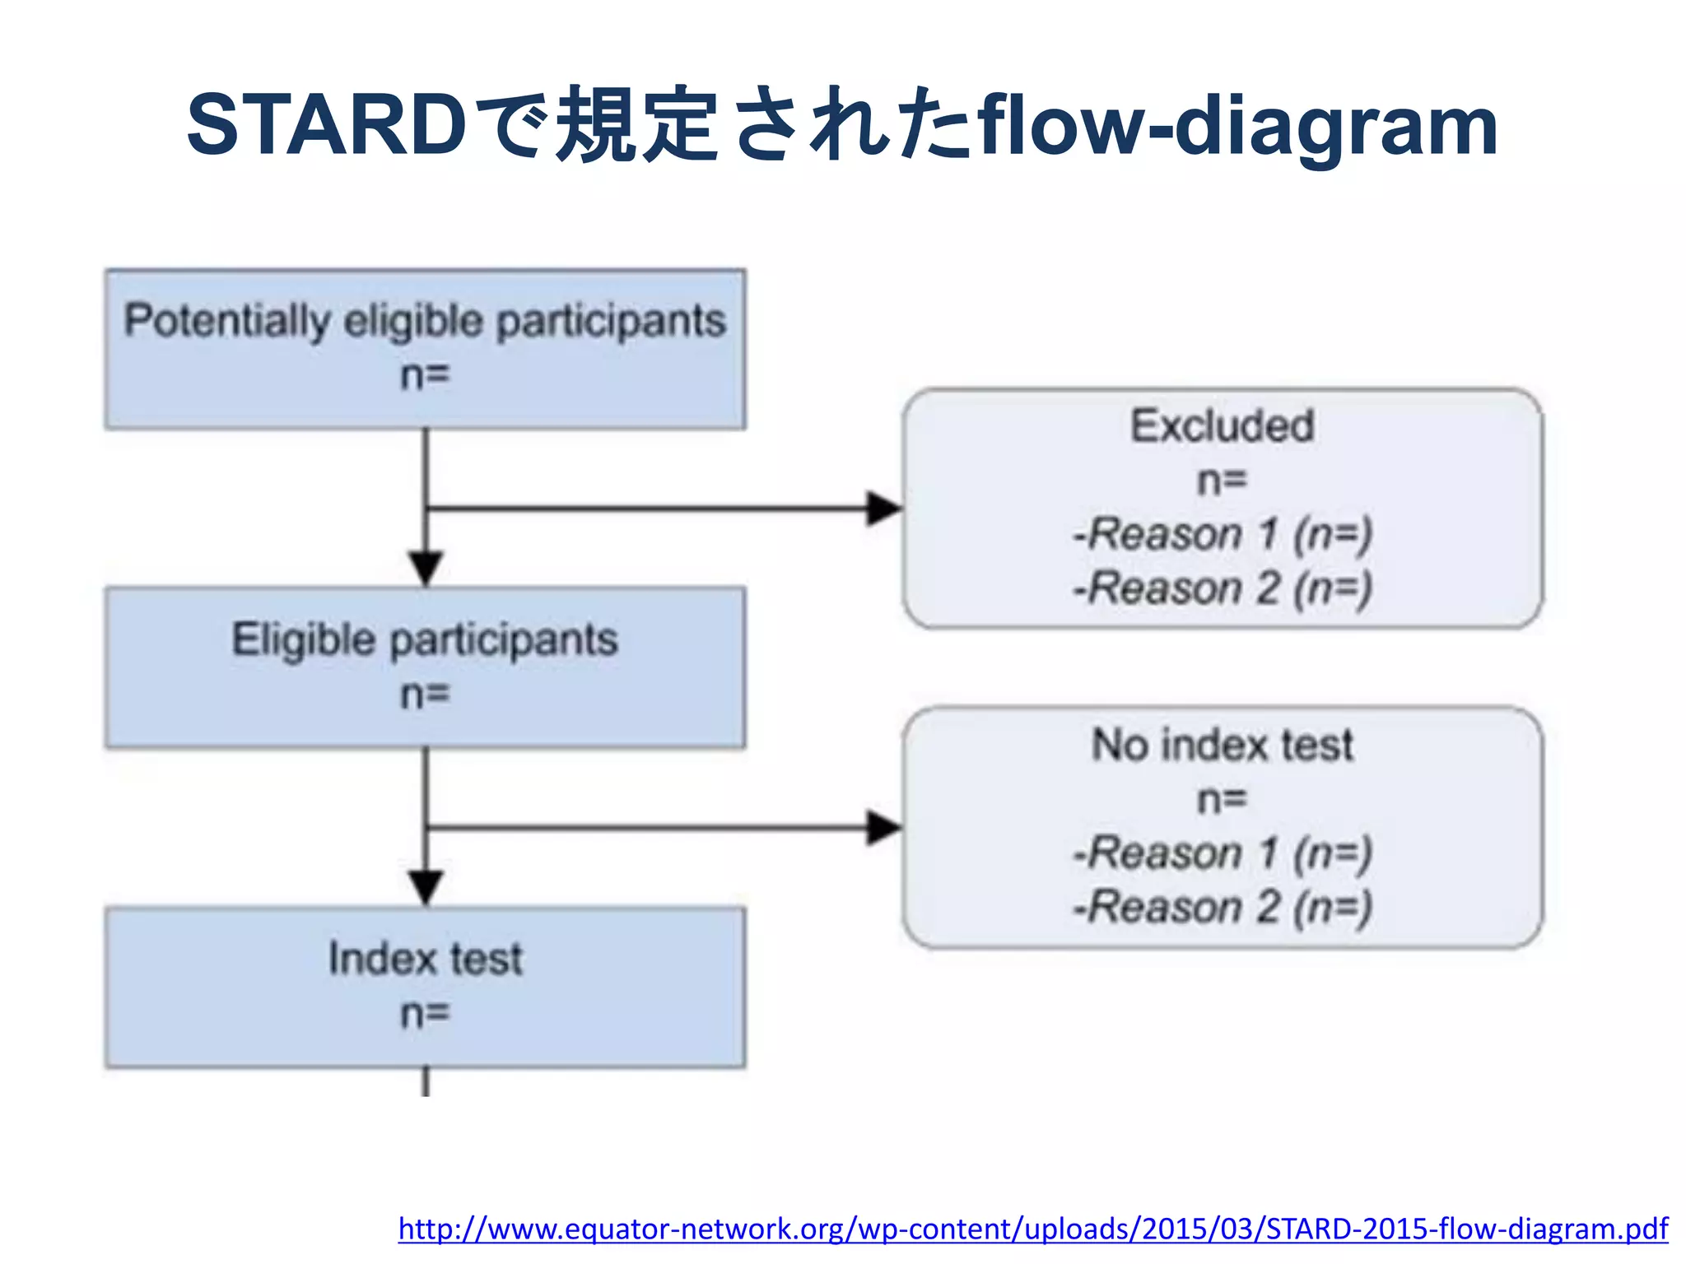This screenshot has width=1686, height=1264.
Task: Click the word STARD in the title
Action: pos(327,125)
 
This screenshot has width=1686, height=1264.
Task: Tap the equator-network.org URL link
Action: pos(1032,1229)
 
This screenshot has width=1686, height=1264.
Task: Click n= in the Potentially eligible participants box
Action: pos(425,376)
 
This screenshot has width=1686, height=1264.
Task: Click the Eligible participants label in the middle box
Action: pos(425,640)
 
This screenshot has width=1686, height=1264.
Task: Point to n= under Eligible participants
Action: pos(425,695)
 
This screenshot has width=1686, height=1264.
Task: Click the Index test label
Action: pos(425,959)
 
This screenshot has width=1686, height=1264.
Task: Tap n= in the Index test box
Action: pos(425,1014)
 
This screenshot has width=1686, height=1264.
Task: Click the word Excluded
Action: pos(1222,426)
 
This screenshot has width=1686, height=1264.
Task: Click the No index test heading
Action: pos(1222,745)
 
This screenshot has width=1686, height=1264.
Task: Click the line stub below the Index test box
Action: pos(426,1081)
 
